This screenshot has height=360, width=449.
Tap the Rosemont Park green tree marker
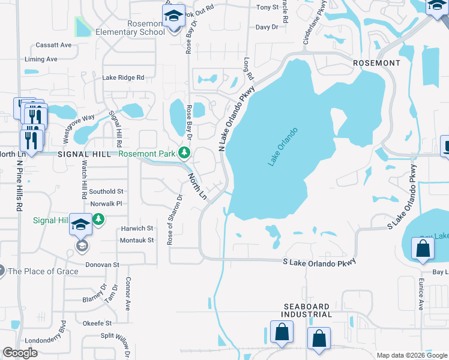(x=185, y=154)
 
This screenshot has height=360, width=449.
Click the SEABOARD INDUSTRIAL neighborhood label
(x=307, y=310)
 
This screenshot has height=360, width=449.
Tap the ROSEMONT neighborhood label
(x=376, y=63)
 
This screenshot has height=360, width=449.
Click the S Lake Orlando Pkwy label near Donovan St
(x=319, y=262)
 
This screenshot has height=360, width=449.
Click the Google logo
(x=20, y=353)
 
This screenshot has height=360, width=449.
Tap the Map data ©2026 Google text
(x=411, y=355)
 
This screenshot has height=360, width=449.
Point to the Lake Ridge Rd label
(x=123, y=77)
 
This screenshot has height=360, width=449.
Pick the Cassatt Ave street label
(x=53, y=45)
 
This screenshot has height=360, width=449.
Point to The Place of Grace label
(x=43, y=271)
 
